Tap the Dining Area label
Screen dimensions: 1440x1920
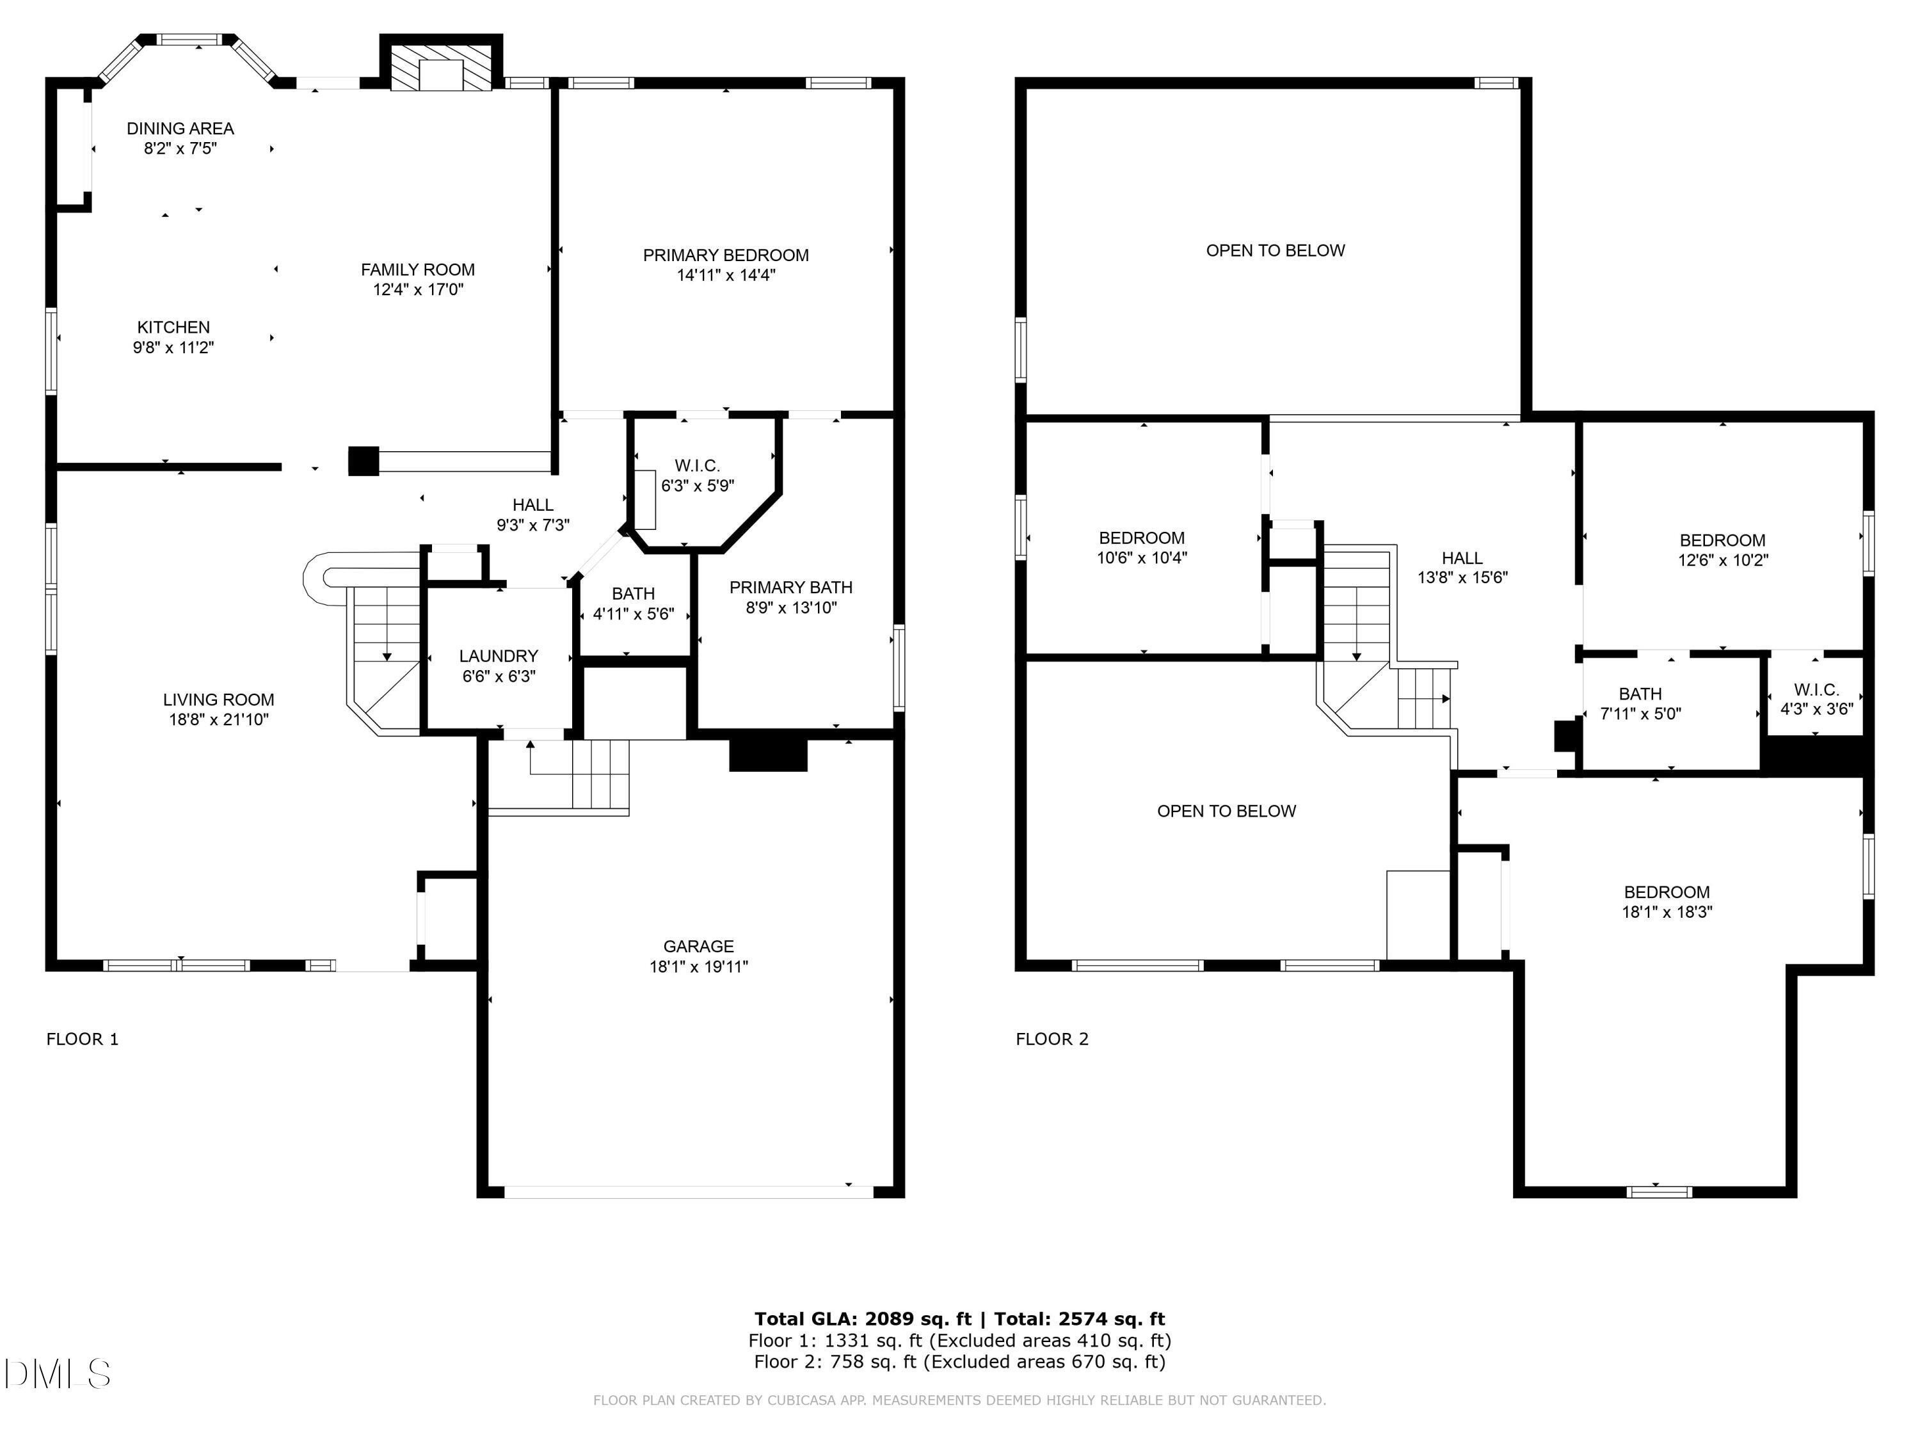[180, 129]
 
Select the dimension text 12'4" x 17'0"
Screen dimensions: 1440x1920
[419, 290]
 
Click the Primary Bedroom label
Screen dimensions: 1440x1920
[726, 255]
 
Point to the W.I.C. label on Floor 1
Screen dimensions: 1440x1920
[697, 466]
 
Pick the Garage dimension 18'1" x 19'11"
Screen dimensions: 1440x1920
[699, 967]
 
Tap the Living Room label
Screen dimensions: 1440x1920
[219, 700]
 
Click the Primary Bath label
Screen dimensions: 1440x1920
[791, 588]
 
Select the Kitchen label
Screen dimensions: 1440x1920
[173, 327]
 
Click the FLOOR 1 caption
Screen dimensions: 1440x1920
[83, 1039]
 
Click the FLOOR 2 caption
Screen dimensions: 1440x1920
[1052, 1039]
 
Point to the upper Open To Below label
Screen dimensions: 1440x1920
[1275, 251]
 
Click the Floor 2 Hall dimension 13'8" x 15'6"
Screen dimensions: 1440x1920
[1462, 577]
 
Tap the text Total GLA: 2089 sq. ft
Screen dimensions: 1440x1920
[863, 1319]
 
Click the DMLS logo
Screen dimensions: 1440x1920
[58, 1373]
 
